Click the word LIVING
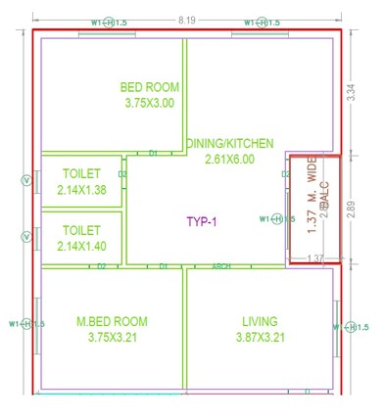(260, 321)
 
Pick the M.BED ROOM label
(112, 321)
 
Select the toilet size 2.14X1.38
(81, 189)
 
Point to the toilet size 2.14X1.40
(81, 246)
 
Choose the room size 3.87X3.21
(260, 337)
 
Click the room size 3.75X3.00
(149, 102)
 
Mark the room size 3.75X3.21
(112, 337)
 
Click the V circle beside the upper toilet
(25, 180)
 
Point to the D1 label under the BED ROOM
(154, 153)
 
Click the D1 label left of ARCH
(165, 265)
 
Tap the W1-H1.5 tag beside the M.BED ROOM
(24, 324)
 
